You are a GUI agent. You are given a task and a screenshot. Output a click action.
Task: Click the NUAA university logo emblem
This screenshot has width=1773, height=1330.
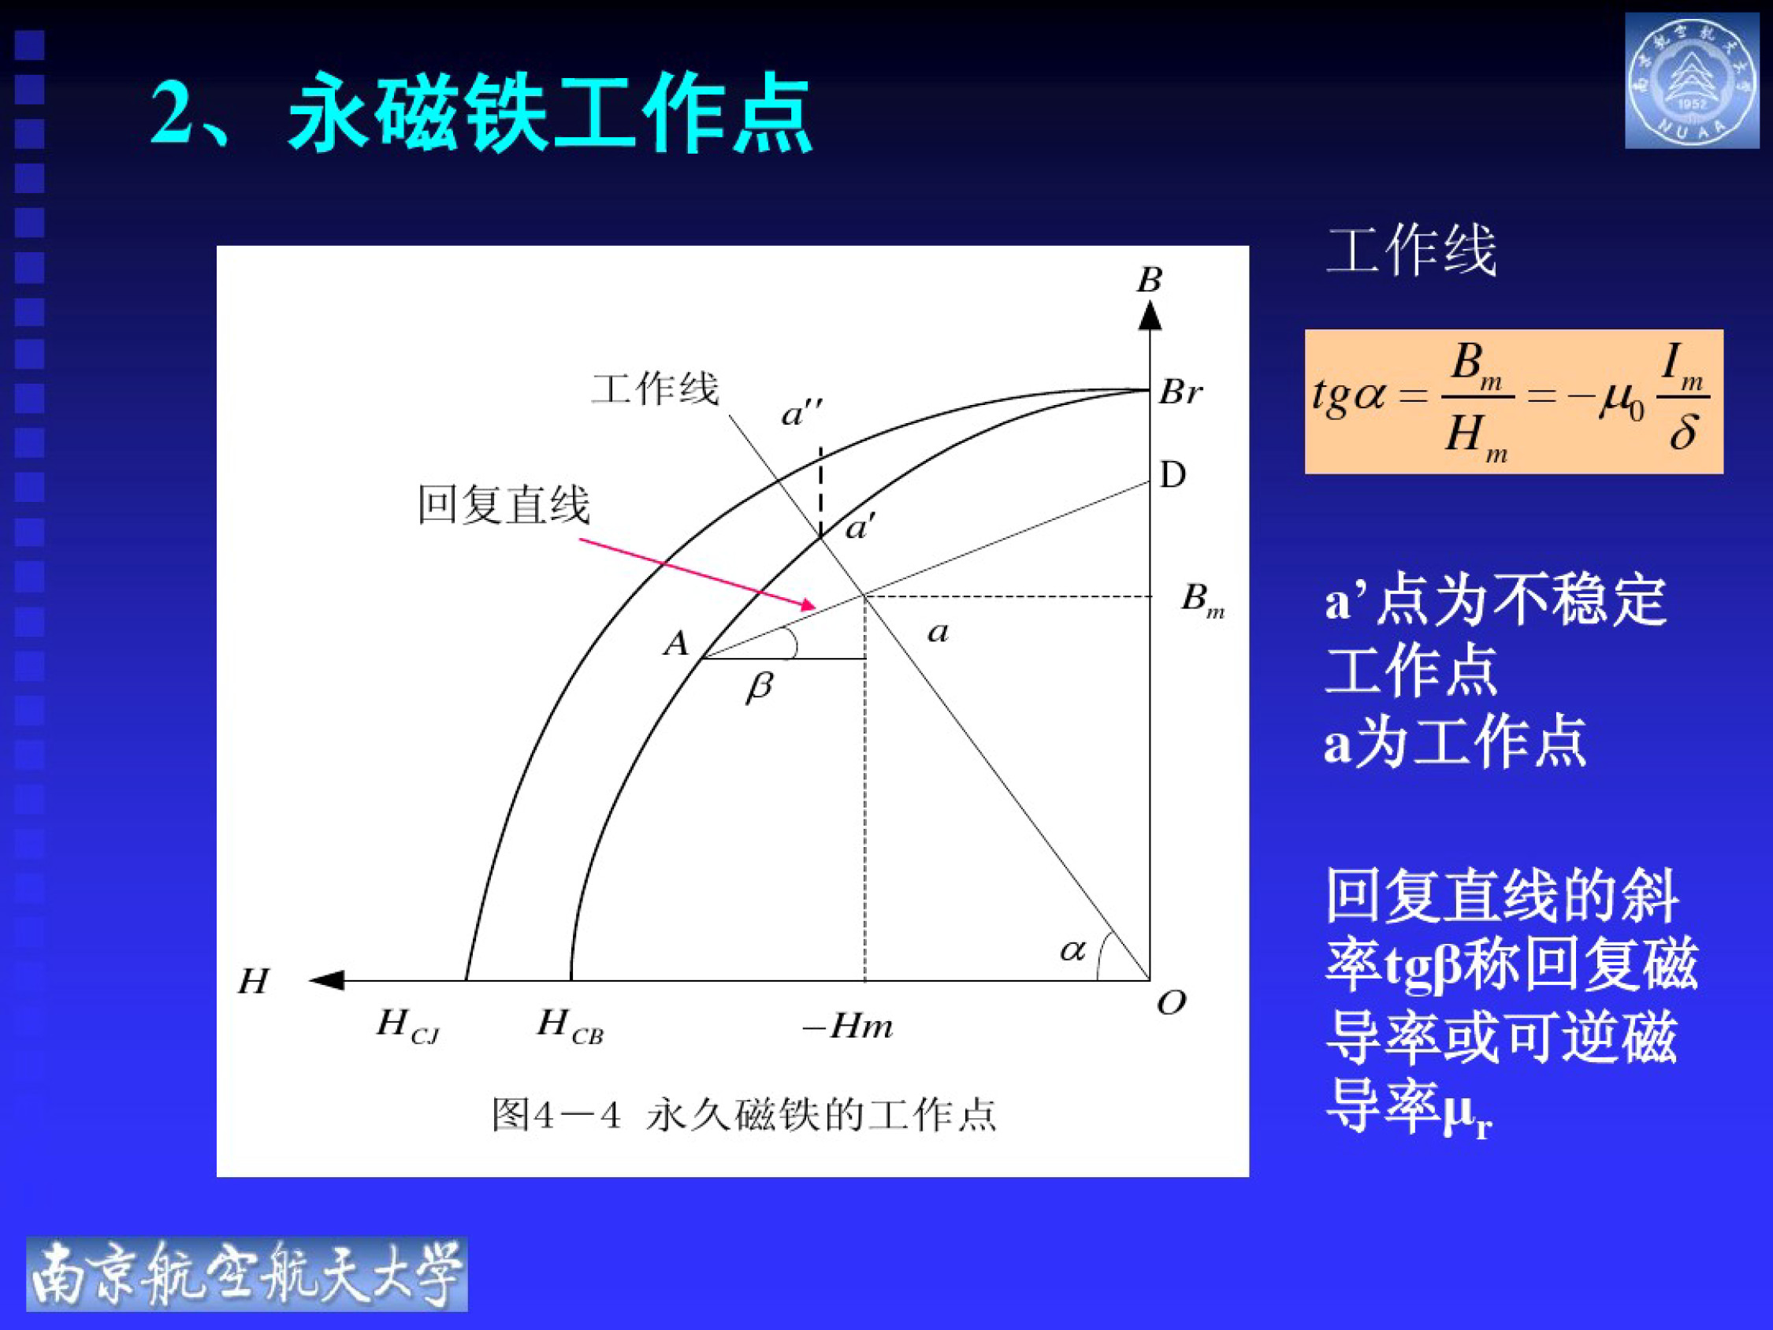point(1692,81)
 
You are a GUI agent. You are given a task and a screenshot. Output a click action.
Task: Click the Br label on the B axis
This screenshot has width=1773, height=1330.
point(1180,393)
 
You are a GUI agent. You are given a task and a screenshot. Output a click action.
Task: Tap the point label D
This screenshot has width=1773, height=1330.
point(1173,475)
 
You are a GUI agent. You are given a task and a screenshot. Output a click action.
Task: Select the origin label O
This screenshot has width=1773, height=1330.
point(1171,1002)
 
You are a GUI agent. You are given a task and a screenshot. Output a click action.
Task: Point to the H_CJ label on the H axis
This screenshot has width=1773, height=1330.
point(407,1025)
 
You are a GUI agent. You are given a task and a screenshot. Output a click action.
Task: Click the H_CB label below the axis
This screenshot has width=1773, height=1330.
point(569,1025)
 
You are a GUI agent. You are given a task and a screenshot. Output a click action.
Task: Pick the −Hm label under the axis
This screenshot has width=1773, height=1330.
point(848,1026)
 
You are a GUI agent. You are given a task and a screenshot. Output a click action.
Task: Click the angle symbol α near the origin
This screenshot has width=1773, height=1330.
point(1072,951)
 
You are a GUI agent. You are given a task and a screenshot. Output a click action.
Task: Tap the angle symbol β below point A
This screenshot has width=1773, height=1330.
point(759,687)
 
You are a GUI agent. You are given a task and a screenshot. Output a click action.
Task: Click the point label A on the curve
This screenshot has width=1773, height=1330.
point(675,644)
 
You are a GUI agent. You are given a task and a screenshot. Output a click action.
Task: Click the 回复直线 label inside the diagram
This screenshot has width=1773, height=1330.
point(504,505)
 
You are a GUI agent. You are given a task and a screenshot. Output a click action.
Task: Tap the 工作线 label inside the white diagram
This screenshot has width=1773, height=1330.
point(655,389)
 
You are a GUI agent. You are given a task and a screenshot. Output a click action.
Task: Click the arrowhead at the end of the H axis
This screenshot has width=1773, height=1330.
point(327,979)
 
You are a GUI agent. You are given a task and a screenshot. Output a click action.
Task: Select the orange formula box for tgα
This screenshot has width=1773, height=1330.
point(1513,401)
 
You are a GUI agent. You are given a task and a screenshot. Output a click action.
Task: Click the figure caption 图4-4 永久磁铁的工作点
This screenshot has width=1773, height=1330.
point(743,1115)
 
